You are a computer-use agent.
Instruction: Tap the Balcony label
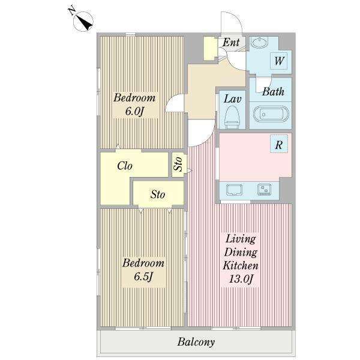(x=196, y=342)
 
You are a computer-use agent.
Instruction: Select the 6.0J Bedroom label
(x=134, y=104)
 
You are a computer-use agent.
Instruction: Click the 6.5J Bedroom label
(x=143, y=270)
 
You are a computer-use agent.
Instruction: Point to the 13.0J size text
(x=241, y=280)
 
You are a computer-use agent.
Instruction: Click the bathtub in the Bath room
(x=271, y=114)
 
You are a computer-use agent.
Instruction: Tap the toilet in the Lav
(x=232, y=117)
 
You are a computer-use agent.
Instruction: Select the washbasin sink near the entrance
(x=259, y=43)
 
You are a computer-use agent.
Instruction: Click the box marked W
(x=279, y=61)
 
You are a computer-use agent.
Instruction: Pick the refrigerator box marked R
(x=279, y=144)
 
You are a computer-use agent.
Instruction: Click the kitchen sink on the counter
(x=234, y=190)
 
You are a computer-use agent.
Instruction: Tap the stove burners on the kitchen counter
(x=264, y=190)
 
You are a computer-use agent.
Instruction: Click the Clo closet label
(x=125, y=166)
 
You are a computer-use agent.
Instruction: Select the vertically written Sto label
(x=178, y=164)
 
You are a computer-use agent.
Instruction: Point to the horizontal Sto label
(x=158, y=194)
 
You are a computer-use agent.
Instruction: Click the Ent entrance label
(x=231, y=42)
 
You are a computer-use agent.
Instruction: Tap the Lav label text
(x=232, y=99)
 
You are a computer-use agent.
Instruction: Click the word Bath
(x=273, y=92)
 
